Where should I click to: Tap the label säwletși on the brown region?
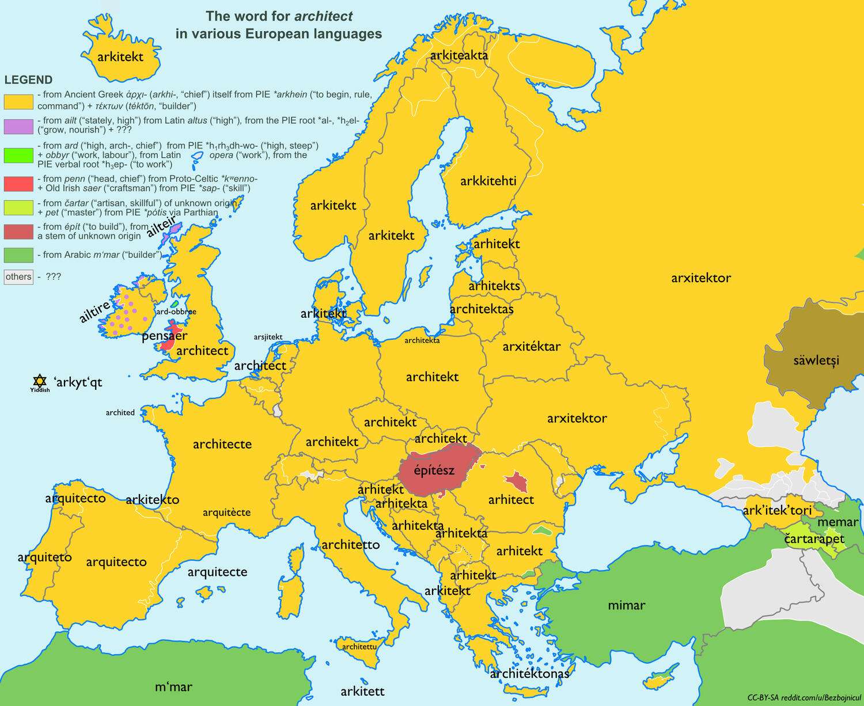click(x=816, y=360)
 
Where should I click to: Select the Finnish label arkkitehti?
click(x=488, y=181)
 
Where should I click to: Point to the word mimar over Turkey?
click(x=626, y=605)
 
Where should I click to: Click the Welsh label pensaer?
click(x=164, y=336)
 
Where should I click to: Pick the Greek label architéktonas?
click(x=529, y=673)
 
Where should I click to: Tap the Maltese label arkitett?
click(x=362, y=691)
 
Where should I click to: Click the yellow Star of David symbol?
click(x=39, y=381)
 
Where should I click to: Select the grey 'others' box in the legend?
click(x=18, y=277)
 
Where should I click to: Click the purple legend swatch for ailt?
click(x=18, y=126)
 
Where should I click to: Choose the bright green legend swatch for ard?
click(x=18, y=155)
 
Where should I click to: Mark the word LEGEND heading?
click(x=28, y=80)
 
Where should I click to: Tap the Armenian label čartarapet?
click(x=814, y=540)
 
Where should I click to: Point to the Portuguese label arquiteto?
click(x=44, y=557)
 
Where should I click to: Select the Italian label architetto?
click(x=350, y=544)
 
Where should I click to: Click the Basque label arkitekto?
click(x=152, y=499)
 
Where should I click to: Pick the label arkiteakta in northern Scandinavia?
click(x=459, y=55)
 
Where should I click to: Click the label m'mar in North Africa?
click(x=173, y=686)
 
